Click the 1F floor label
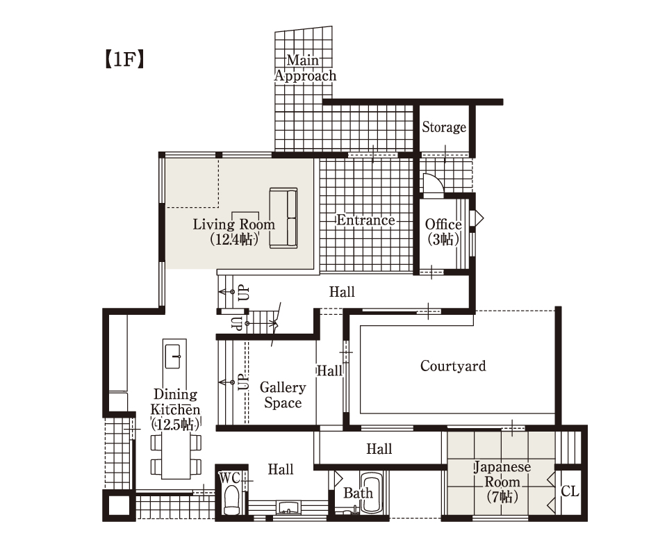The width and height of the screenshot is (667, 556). pos(124,59)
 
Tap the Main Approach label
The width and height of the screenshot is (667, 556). pos(305,67)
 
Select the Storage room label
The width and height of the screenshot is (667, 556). pos(444,126)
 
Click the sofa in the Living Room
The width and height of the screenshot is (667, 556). pos(283,218)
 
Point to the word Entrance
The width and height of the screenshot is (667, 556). pos(366,220)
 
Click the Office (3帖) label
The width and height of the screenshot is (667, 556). pos(443,232)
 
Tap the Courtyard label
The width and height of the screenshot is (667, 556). pos(453,366)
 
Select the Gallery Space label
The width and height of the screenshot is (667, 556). pos(283,395)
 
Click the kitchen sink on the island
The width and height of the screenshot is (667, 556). pos(174,356)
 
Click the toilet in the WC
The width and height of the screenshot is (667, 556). pos(231,500)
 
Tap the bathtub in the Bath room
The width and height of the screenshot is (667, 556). pos(371,493)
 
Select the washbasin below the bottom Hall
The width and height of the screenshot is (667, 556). pos(288,507)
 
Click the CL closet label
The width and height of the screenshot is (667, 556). pos(570,491)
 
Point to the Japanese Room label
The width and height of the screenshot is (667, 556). pos(502,482)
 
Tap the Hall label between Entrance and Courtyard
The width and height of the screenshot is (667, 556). pos(342,292)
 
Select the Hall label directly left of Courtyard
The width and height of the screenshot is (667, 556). pos(329,370)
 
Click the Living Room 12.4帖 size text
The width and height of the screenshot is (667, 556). pos(234,239)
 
